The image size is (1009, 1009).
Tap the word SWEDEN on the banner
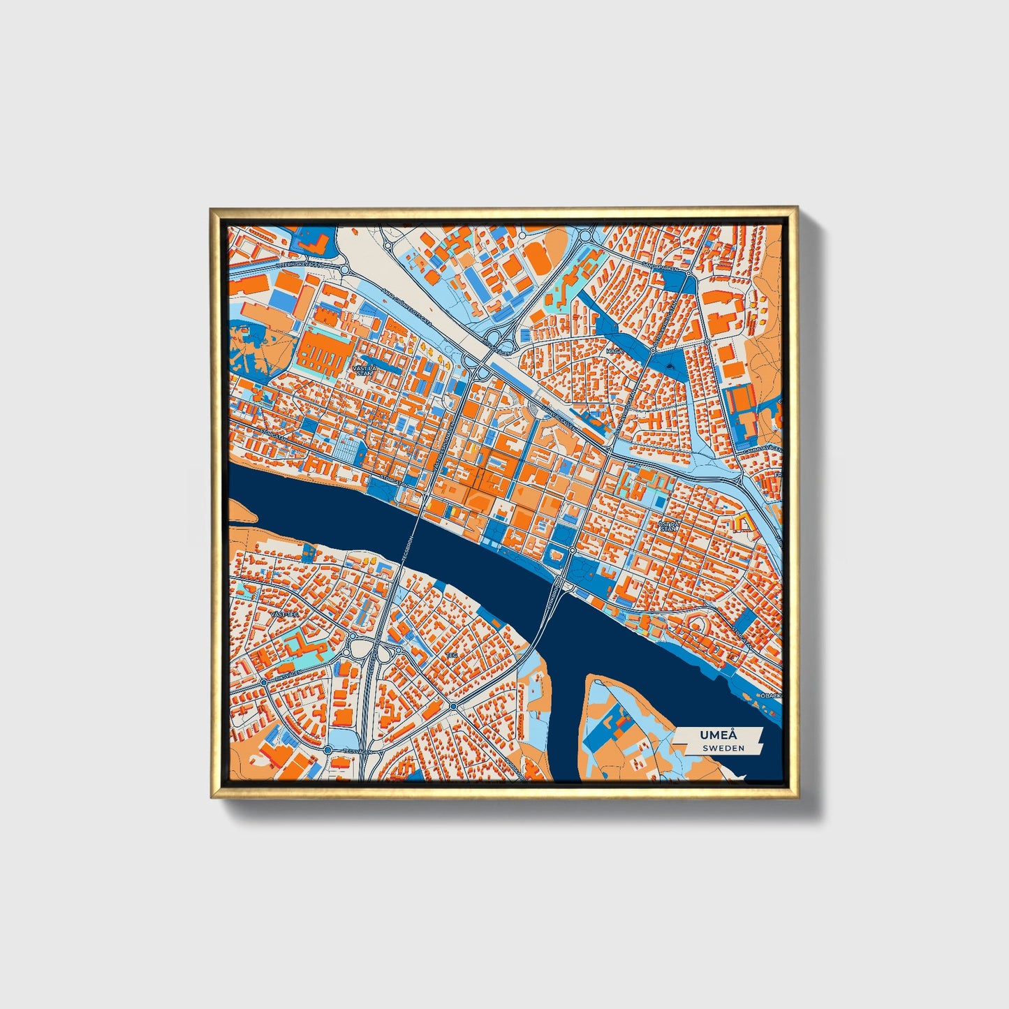tap(723, 748)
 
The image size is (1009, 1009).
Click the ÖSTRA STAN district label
tap(668, 525)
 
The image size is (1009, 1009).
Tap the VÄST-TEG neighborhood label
tap(285, 613)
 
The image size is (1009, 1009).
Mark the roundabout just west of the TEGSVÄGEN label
tap(327, 749)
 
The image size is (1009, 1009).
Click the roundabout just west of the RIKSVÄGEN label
tap(263, 682)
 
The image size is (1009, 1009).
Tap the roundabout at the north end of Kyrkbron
tap(572, 550)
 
